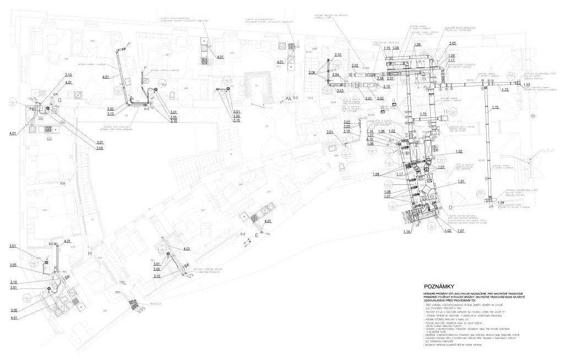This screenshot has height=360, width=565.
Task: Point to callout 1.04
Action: coord(501,203)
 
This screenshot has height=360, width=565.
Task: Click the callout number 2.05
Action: coord(453,43)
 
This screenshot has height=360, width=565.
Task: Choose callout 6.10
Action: coord(370,139)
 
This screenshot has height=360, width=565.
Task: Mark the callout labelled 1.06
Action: coord(382,132)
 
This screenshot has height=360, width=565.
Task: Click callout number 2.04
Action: coord(335,74)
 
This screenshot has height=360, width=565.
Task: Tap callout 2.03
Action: coord(340,90)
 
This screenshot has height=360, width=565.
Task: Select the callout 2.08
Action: coord(380,78)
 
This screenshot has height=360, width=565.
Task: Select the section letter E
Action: coord(257,235)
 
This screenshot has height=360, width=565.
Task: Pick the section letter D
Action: coord(450,207)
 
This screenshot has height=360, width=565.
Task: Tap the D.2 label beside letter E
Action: coord(242,234)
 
